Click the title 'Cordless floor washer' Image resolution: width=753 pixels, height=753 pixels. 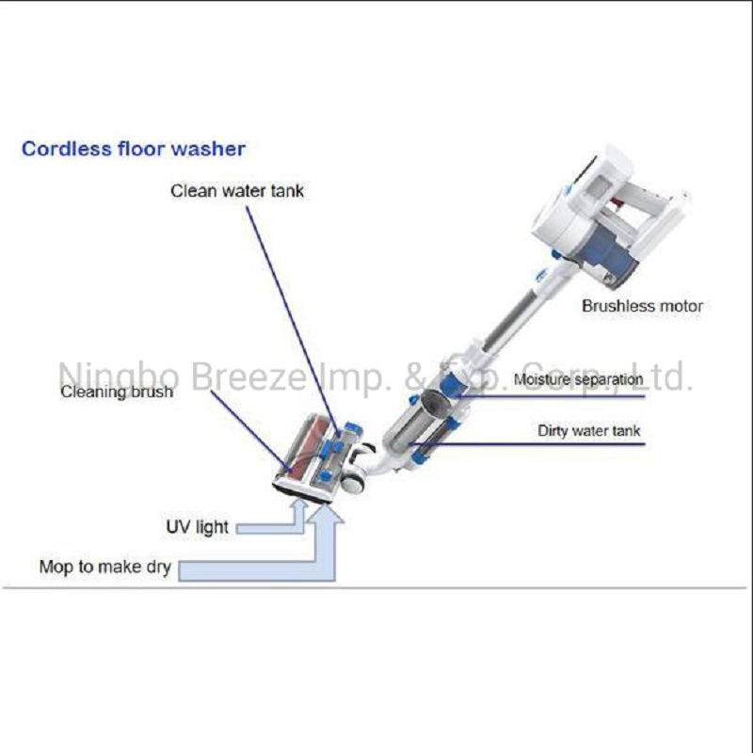tap(134, 149)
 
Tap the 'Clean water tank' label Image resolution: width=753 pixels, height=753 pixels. tap(237, 191)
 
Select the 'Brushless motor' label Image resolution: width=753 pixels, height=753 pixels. tap(642, 306)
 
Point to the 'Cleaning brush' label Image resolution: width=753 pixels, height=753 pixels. tap(117, 392)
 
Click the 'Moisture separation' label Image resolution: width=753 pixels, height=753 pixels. tap(578, 380)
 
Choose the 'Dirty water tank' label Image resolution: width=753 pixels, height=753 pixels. tap(589, 431)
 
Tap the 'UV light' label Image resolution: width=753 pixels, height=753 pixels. tap(198, 527)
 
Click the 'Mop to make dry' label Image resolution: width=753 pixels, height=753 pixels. tap(104, 568)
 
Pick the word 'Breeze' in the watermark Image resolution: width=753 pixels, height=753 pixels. tap(248, 376)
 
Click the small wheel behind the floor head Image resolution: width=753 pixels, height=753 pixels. tap(355, 482)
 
